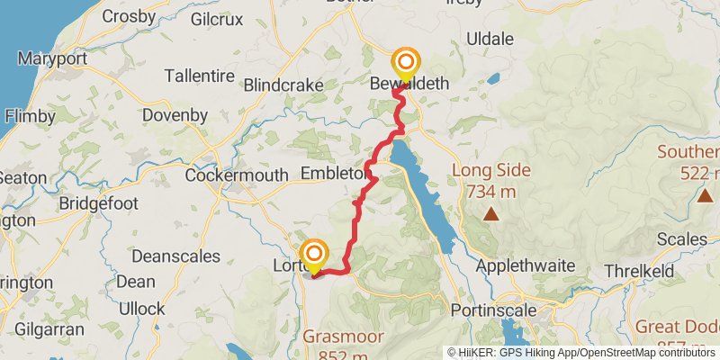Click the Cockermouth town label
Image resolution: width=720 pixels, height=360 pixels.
point(237,175)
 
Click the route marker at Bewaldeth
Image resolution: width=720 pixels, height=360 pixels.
point(406,64)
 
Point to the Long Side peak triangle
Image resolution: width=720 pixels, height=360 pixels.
point(491,213)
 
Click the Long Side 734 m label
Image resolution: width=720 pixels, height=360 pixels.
point(491,180)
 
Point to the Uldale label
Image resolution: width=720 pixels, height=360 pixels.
point(490,40)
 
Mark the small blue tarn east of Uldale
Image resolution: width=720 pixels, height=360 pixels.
point(493,78)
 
